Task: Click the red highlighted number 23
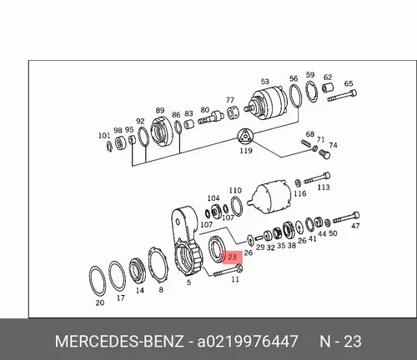[x=233, y=257]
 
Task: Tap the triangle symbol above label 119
[x=245, y=137]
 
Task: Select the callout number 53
[x=265, y=82]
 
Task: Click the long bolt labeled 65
[x=342, y=95]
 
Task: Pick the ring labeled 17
[x=108, y=277]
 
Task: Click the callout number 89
[x=160, y=111]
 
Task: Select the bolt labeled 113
[x=317, y=178]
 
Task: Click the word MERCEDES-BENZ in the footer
[x=119, y=341]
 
